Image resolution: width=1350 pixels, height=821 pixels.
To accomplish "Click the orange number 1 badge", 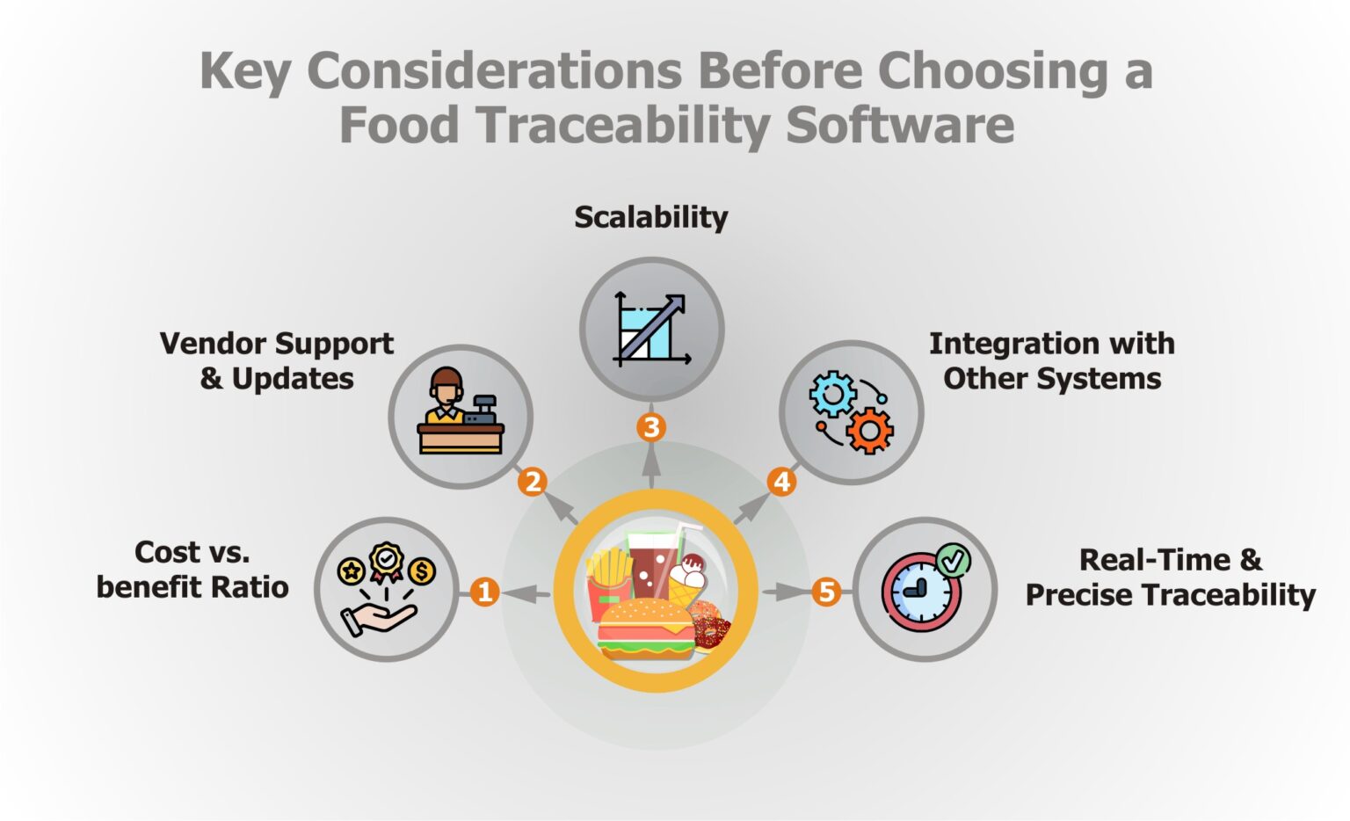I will click(x=484, y=592).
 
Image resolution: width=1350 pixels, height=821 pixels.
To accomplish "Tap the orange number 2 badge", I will click(x=533, y=482).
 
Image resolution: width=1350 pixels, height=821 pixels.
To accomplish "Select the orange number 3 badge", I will click(x=651, y=428).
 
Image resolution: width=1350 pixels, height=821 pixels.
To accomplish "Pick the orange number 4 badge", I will click(x=781, y=482).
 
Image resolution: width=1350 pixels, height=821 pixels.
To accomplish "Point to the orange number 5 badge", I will click(x=826, y=592).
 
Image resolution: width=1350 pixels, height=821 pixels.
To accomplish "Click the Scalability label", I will click(x=651, y=217).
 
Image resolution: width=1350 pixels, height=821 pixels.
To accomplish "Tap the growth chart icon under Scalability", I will click(x=651, y=329).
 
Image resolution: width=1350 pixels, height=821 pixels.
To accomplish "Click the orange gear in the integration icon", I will click(x=870, y=431).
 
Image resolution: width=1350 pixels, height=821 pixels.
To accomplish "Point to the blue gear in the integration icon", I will click(x=832, y=394).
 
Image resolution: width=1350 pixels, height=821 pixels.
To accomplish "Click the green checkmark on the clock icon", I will click(x=952, y=560).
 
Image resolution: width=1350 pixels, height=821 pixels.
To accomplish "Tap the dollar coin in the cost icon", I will click(x=422, y=572).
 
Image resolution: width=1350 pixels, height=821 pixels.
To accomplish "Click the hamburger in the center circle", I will click(x=646, y=628).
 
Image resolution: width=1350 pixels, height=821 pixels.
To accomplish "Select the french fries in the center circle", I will click(x=609, y=571).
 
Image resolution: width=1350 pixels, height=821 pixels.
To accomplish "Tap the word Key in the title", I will click(x=244, y=70).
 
